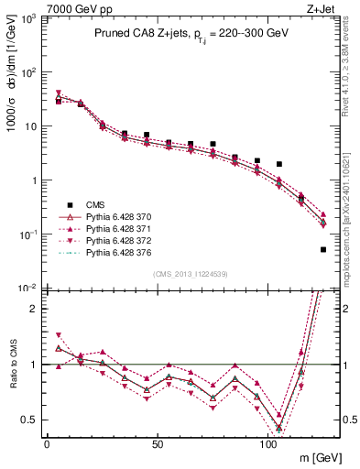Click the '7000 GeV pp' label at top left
(x=34, y=7)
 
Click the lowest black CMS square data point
(x=323, y=249)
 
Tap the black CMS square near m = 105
(x=279, y=164)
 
